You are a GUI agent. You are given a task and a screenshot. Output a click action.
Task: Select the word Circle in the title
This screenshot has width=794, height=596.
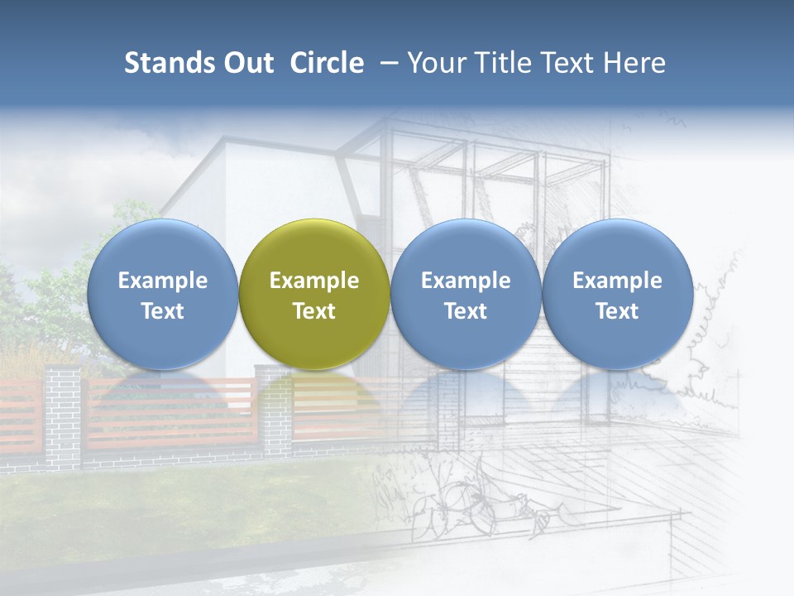[327, 63]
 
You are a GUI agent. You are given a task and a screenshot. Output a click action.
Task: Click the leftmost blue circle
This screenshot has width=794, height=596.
[163, 294]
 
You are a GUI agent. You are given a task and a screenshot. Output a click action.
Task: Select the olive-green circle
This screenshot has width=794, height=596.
[314, 294]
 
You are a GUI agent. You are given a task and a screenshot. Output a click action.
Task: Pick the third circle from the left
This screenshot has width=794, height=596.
[466, 294]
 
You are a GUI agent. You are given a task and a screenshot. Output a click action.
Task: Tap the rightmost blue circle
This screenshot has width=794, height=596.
[617, 294]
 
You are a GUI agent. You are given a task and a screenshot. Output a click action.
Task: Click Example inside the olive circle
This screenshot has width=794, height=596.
[314, 281]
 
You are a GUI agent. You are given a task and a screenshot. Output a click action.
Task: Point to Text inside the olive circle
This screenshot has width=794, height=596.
[314, 311]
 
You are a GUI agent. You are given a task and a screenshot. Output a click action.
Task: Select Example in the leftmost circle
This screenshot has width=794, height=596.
[163, 281]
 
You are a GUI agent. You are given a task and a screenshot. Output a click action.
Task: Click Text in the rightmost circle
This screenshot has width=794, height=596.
[617, 311]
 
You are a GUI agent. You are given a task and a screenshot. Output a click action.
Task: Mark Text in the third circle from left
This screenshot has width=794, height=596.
[466, 311]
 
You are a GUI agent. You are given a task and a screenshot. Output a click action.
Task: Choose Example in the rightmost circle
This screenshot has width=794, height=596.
[617, 281]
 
